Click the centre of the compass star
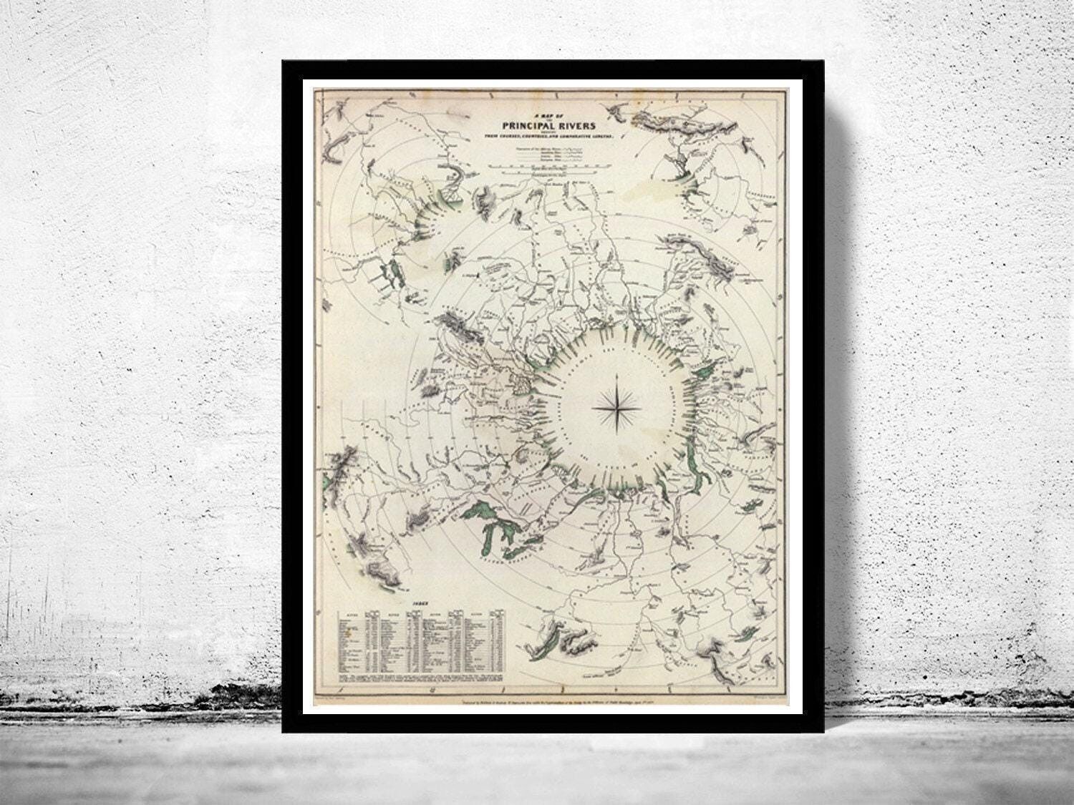point(616,408)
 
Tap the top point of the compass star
point(616,374)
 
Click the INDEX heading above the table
point(419,603)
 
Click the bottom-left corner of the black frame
point(283,731)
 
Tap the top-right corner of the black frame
point(823,62)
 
